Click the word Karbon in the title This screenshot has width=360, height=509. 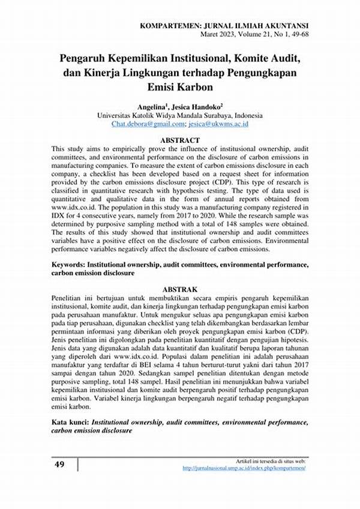[x=203, y=86]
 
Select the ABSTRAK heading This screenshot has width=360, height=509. [x=180, y=288]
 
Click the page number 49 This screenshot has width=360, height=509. [x=59, y=465]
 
